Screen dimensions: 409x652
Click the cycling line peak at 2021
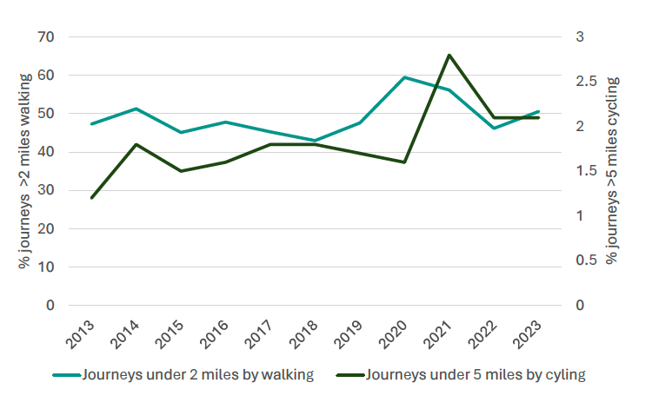point(449,56)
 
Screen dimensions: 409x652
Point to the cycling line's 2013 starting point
point(91,198)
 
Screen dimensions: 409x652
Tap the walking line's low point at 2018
point(315,141)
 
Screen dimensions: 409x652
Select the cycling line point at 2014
point(136,144)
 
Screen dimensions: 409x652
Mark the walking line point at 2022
point(494,129)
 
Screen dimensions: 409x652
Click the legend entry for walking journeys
point(183,375)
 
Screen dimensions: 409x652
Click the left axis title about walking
point(24,171)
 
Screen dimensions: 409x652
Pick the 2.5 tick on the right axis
point(580,82)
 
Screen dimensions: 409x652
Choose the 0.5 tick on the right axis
point(580,261)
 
